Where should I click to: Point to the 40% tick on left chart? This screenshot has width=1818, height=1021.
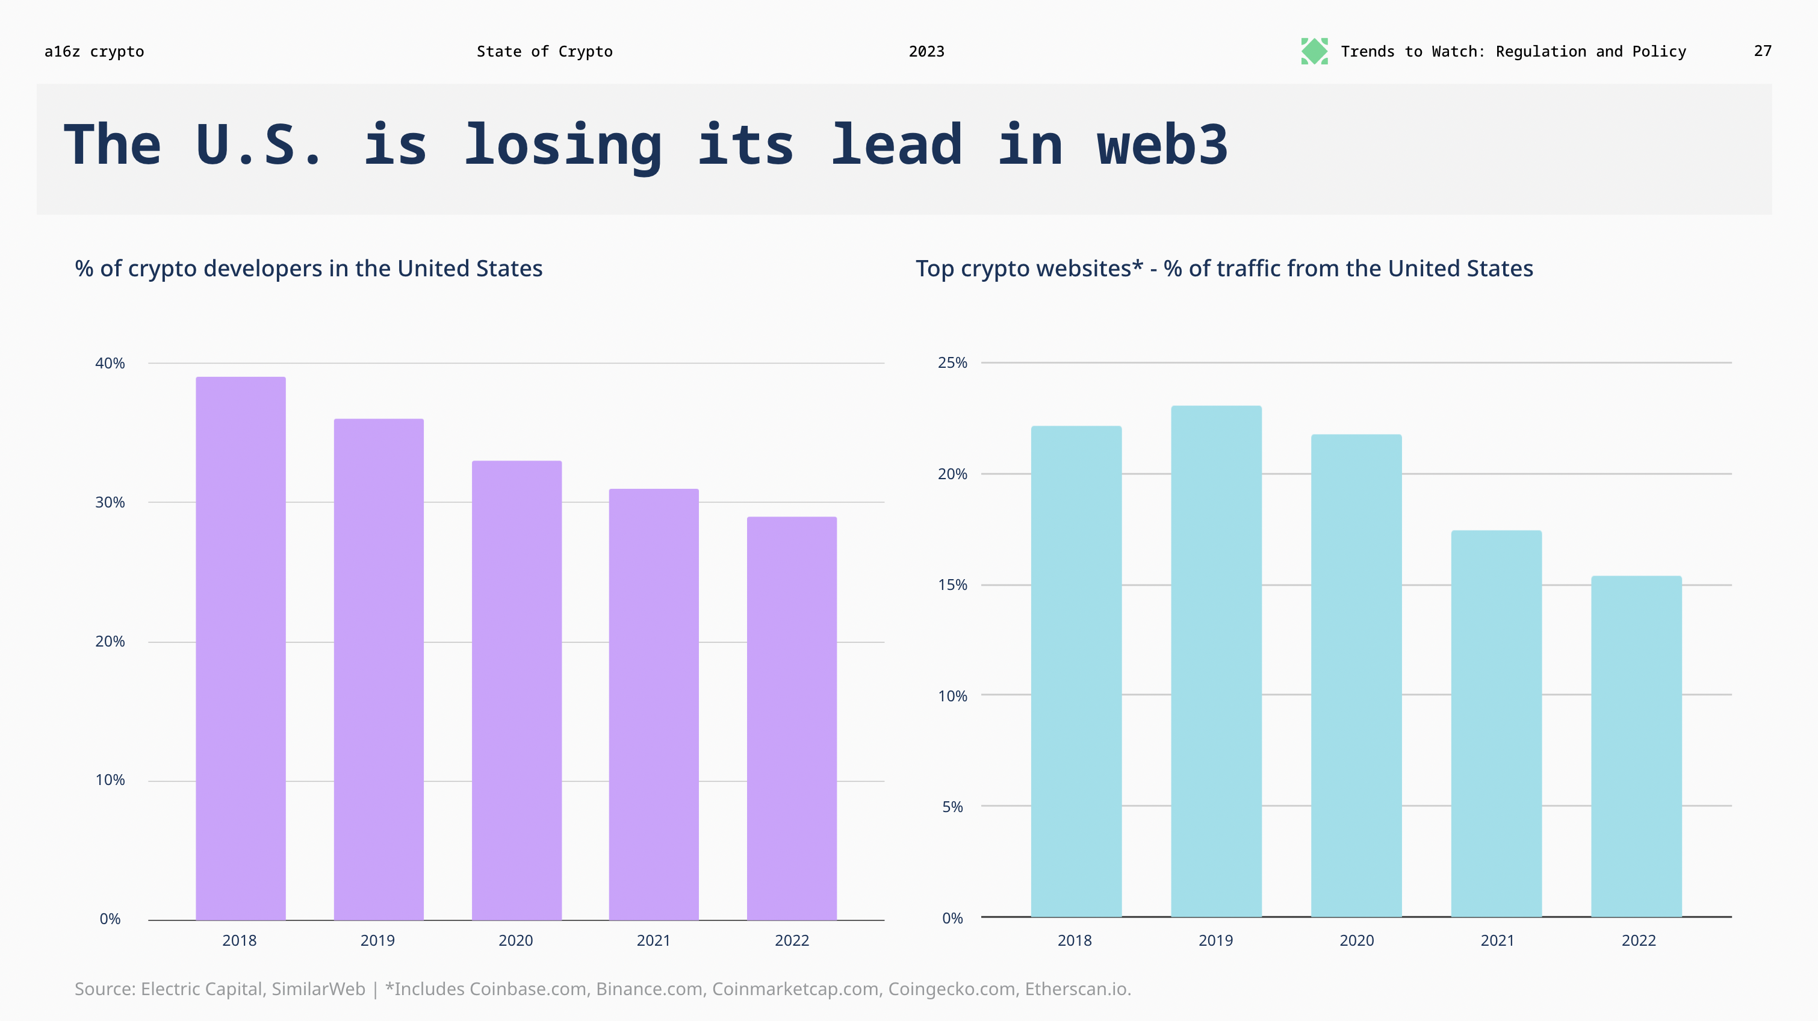(110, 364)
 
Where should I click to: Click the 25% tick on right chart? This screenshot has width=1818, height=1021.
(952, 362)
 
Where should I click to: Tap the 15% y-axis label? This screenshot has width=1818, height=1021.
(952, 585)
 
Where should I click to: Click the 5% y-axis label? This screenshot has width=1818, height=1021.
(952, 807)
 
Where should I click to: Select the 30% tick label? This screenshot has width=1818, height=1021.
(110, 503)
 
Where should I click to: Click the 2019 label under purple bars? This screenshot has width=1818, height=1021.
(377, 940)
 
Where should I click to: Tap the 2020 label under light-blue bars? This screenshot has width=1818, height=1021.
(1356, 940)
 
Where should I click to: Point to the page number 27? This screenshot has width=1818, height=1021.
(1762, 51)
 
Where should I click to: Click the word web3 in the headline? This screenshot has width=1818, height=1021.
(1162, 145)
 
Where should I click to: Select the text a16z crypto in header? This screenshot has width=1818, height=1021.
(94, 52)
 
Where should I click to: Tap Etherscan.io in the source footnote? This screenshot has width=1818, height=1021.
(1077, 989)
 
